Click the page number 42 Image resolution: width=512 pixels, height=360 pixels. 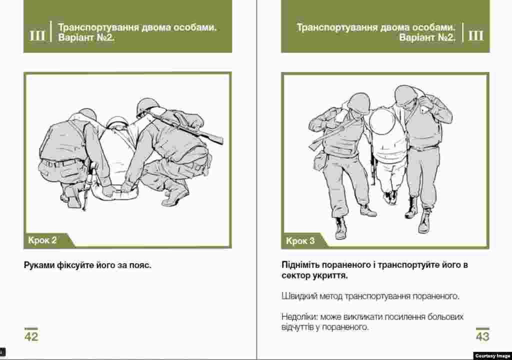pos(31,336)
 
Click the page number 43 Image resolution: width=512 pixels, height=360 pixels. pos(482,336)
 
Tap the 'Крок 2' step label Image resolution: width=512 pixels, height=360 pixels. pos(42,240)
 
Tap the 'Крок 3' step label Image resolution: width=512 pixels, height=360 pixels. pos(300,241)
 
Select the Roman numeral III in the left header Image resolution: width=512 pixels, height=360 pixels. pos(37,35)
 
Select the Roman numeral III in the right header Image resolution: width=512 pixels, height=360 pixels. pos(476,35)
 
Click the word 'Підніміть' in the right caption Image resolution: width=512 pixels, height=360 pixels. pos(300,265)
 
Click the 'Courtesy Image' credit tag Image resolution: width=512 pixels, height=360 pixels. pos(492,356)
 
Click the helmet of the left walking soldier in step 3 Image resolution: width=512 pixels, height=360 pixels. pos(358,102)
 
